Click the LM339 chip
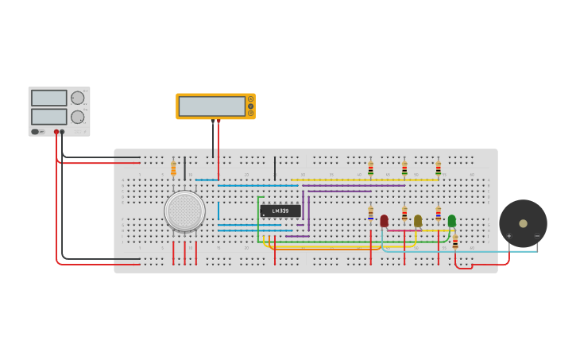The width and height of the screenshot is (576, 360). [280, 211]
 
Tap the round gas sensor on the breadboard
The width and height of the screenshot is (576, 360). [185, 211]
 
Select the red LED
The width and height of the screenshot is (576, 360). [384, 220]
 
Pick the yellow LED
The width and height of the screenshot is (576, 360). [418, 220]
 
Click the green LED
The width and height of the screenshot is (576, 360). [451, 220]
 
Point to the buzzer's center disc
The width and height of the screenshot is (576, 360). [523, 223]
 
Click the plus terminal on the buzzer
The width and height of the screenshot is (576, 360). [509, 236]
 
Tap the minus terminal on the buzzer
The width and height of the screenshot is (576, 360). [537, 236]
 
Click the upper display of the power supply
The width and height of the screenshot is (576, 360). [48, 98]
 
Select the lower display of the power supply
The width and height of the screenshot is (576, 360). [48, 116]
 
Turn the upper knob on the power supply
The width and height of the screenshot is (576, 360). [77, 98]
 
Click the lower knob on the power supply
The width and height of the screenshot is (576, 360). [77, 117]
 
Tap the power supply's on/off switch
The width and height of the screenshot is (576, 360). [35, 132]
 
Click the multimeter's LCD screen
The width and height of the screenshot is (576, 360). [211, 106]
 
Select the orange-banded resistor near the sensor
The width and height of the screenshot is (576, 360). [173, 168]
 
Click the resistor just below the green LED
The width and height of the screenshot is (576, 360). [455, 242]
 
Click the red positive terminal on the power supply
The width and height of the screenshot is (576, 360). [56, 132]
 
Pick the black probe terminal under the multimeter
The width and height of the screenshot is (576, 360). [213, 121]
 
